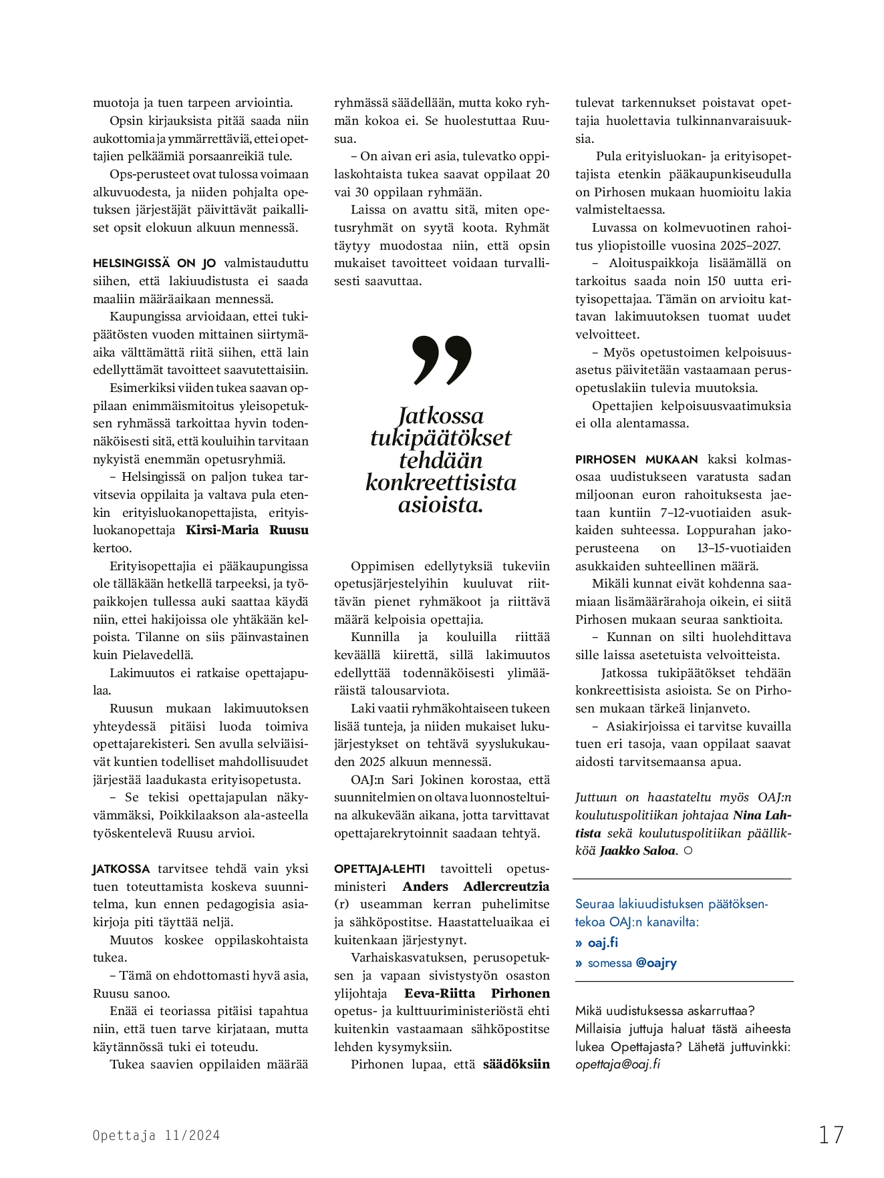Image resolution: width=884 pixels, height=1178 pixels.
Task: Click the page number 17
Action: tap(831, 1135)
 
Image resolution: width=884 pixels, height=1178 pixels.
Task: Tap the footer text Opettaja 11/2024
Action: tap(156, 1135)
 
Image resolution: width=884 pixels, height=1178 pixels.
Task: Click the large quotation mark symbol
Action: tap(442, 360)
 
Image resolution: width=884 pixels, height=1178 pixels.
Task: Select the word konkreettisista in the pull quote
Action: tap(441, 482)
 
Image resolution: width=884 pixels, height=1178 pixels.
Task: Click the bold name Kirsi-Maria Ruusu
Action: tap(247, 530)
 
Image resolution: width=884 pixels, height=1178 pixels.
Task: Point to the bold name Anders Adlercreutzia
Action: tap(476, 886)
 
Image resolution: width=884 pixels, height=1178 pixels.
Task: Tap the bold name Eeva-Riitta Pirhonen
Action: tap(477, 993)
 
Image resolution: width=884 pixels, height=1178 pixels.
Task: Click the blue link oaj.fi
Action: tap(603, 942)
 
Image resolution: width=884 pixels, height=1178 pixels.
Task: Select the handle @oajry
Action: tap(656, 963)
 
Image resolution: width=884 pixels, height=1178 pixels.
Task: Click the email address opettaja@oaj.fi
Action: tap(617, 1064)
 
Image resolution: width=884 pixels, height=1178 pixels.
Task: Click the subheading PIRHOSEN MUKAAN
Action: tap(636, 459)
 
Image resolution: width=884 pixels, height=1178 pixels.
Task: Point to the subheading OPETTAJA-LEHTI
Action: tap(380, 869)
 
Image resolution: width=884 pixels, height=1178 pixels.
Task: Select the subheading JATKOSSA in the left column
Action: tap(122, 869)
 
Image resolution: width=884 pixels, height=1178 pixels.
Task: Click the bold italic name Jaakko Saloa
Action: tap(638, 851)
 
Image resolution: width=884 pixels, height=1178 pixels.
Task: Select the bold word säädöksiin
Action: tap(517, 1064)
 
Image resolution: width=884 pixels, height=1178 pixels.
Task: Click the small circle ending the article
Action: tap(688, 851)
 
